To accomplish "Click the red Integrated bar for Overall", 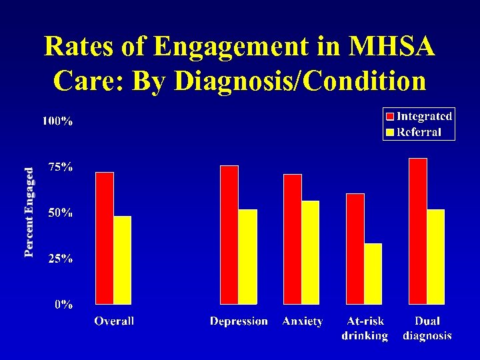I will tap(105, 238).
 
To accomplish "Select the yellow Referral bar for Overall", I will tap(122, 260).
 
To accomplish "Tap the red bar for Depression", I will tap(229, 235).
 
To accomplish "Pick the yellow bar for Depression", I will tap(247, 257).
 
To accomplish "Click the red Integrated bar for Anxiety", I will tap(293, 239).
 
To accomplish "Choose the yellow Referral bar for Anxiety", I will tap(310, 252).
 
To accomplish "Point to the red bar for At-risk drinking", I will tap(355, 249).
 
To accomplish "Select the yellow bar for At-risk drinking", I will tap(373, 273).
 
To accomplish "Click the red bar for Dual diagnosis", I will tap(418, 231).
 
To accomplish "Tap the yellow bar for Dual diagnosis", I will tap(435, 257).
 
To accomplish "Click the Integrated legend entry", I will tap(419, 116).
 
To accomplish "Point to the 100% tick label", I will tap(58, 121).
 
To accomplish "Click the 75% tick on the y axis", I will tap(61, 167).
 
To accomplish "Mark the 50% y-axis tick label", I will tap(61, 213).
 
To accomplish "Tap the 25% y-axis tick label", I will tap(61, 259).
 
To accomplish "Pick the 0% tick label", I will tap(64, 305).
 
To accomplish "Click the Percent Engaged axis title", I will tap(29, 212).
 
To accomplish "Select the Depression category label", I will tap(239, 321).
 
